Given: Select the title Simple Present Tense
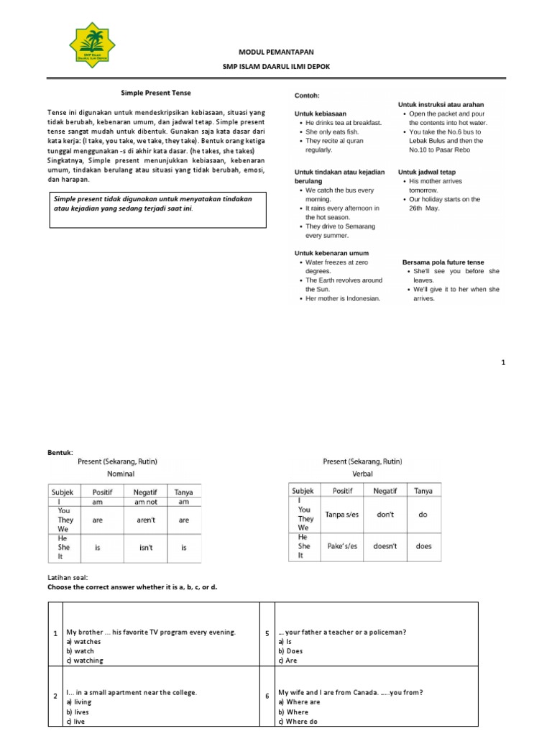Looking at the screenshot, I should [155, 93].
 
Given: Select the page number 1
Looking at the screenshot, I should [503, 363].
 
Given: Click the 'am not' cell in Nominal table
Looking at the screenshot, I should [146, 502].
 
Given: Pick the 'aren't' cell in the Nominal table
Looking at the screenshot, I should [146, 519].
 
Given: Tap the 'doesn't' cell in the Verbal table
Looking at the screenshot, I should [385, 546].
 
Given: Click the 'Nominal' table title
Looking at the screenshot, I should [121, 474].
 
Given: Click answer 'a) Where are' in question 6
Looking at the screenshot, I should [299, 701].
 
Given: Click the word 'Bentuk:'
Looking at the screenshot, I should [60, 451].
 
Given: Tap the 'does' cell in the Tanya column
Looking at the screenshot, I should [424, 546].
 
